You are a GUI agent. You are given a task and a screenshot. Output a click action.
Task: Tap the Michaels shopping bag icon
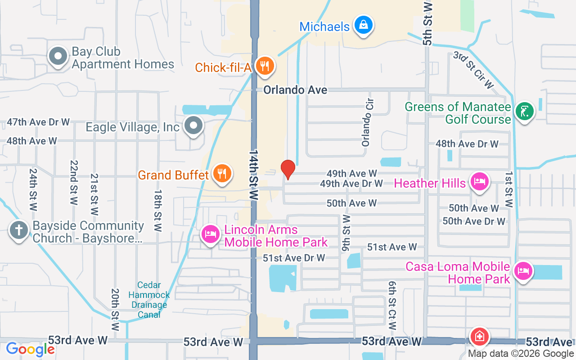pos(362,25)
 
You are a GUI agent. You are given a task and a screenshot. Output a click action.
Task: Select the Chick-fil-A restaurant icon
pos(264,66)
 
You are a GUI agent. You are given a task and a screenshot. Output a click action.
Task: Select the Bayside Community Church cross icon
pos(19,231)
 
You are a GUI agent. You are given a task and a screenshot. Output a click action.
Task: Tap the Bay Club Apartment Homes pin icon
pos(58,57)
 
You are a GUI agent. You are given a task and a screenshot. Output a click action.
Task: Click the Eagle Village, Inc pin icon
pos(194,126)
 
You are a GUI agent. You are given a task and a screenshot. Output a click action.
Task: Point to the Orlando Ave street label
pos(295,90)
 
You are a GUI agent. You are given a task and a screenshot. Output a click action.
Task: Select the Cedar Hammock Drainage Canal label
pos(149,300)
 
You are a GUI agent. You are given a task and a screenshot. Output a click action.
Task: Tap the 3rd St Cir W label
pos(474,70)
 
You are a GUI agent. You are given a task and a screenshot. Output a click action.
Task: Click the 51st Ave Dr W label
pos(294,258)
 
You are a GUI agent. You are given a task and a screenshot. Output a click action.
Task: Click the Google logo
pos(30,349)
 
